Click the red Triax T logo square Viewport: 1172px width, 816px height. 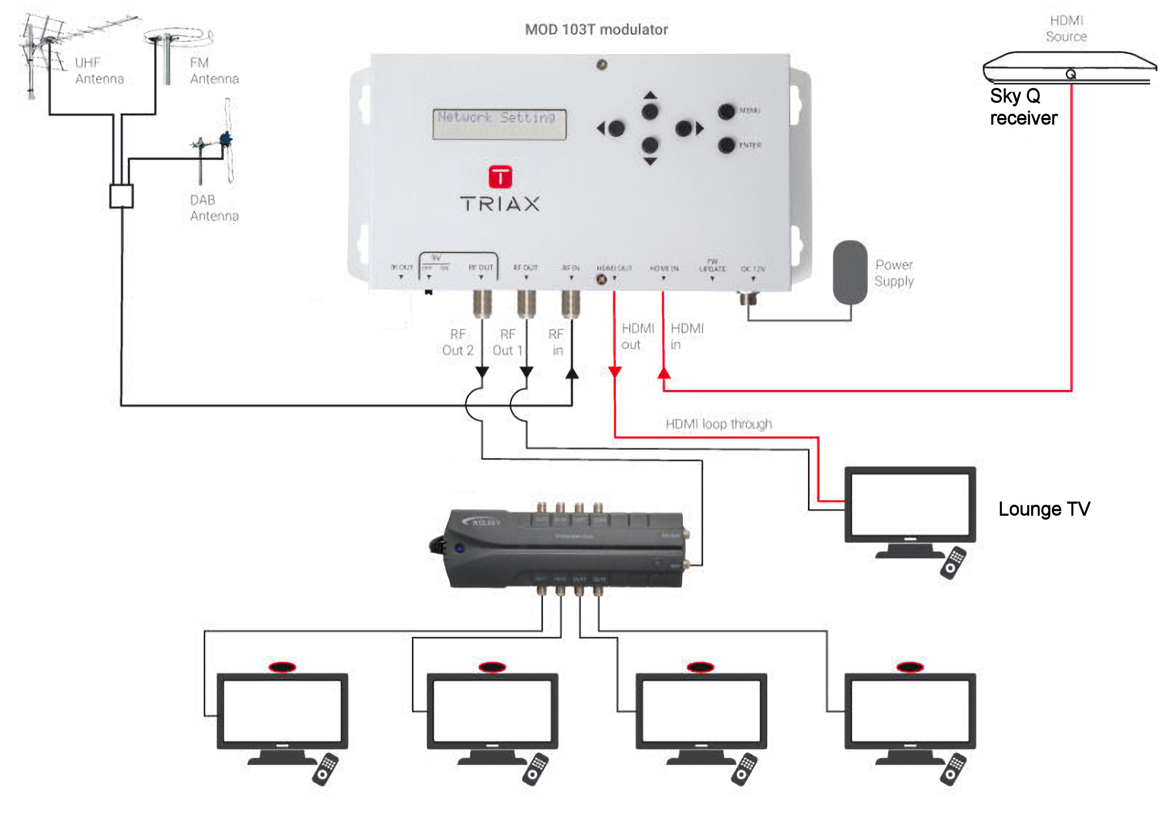point(500,177)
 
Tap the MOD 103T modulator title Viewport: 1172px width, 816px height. point(596,30)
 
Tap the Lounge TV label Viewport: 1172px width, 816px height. point(1044,509)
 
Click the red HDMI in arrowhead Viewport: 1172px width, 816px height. point(664,373)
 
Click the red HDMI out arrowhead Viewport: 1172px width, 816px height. point(615,371)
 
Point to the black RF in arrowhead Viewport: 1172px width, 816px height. point(572,373)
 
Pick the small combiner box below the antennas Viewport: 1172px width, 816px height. point(121,196)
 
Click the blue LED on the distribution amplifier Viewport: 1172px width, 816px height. point(459,549)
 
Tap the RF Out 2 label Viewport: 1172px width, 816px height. point(457,342)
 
